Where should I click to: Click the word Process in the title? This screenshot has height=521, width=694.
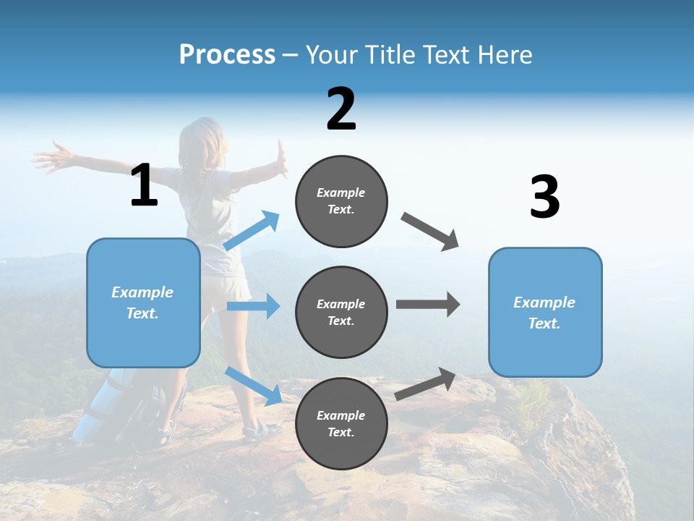tap(227, 54)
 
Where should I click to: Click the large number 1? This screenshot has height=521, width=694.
tap(144, 185)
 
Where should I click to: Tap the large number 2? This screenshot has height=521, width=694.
tap(341, 109)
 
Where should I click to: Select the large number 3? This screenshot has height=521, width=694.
tap(544, 197)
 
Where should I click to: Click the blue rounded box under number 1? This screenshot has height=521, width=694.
tap(143, 302)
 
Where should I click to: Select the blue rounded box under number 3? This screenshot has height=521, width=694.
tap(544, 312)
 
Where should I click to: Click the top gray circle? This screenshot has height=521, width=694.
tap(341, 201)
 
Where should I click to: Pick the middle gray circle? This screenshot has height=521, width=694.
tap(341, 312)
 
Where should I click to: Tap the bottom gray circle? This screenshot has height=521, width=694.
tap(341, 423)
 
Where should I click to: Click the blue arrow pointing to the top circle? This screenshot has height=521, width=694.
tap(252, 231)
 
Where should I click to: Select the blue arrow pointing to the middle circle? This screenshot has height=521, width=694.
tap(253, 306)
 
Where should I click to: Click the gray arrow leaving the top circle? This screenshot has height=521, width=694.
tap(430, 232)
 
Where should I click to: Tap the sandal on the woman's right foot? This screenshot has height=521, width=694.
tap(262, 432)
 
